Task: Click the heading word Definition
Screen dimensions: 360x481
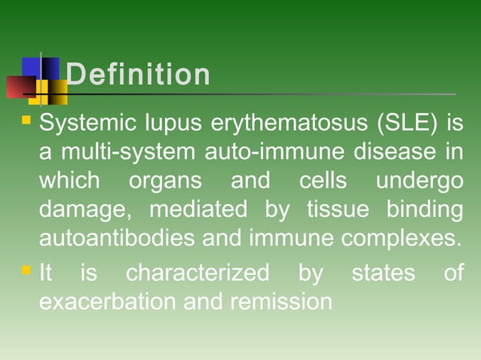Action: click(138, 75)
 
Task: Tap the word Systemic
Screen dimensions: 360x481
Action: click(84, 123)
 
